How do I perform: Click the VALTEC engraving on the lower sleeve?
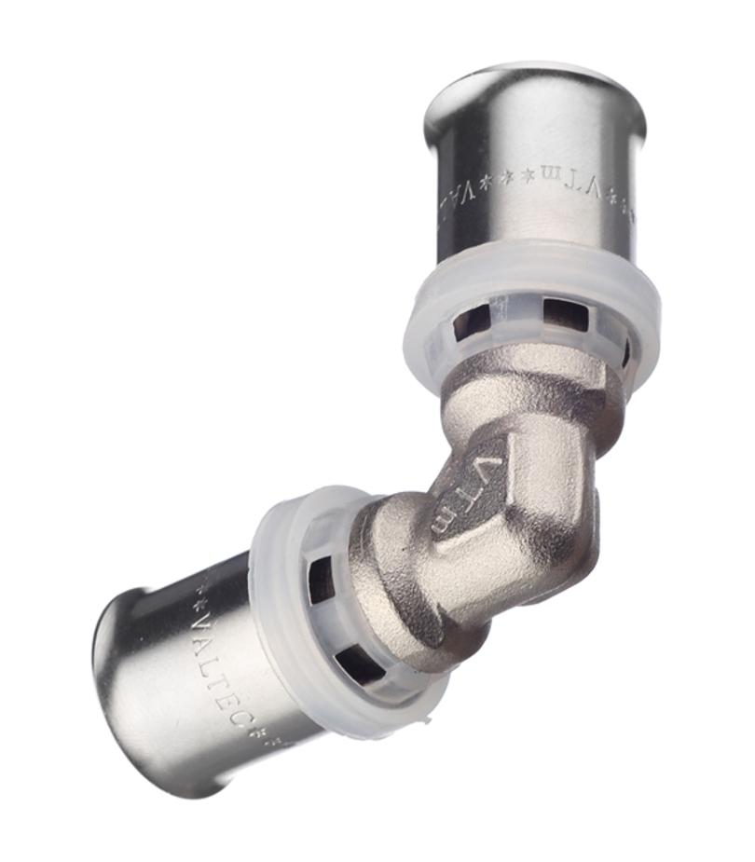point(217,663)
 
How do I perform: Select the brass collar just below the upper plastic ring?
point(536,382)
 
